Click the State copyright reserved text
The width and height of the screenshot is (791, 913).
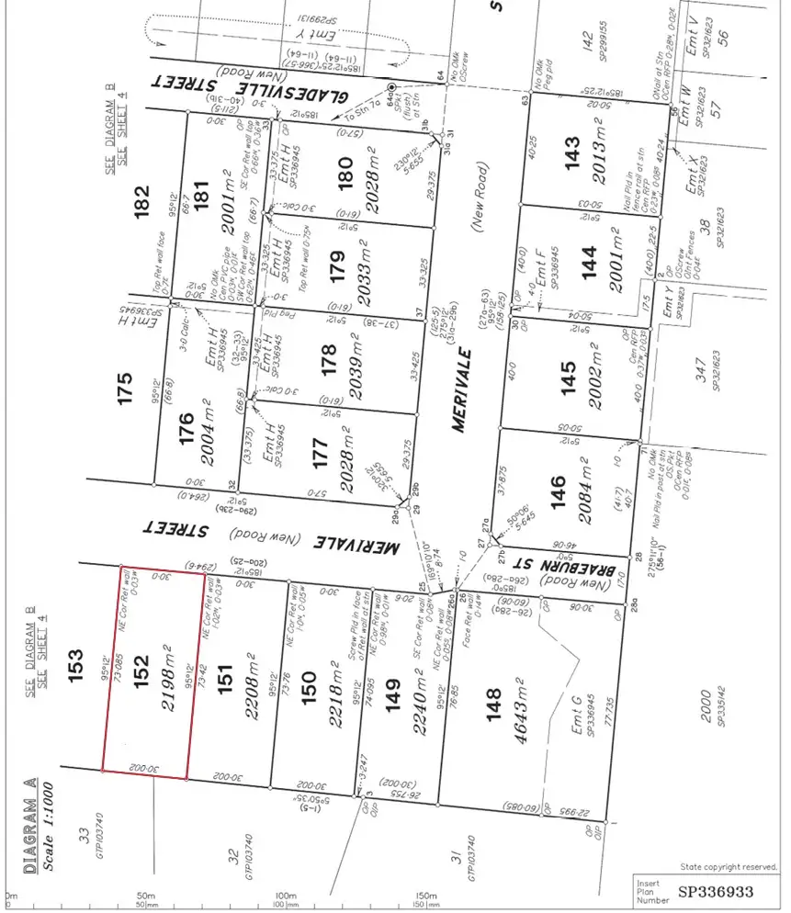click(x=729, y=866)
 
